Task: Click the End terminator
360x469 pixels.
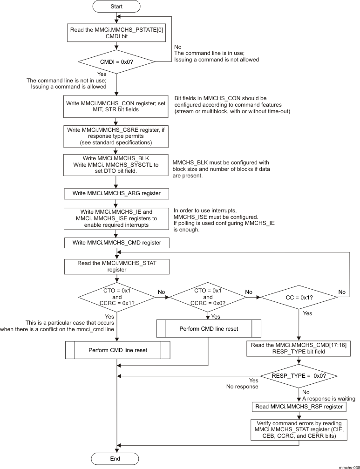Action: tap(115, 458)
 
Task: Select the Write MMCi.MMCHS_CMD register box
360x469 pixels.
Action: tap(115, 243)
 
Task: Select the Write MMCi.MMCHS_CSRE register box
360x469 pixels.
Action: tap(115, 135)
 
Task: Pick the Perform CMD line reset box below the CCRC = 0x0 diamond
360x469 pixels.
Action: tap(208, 328)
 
